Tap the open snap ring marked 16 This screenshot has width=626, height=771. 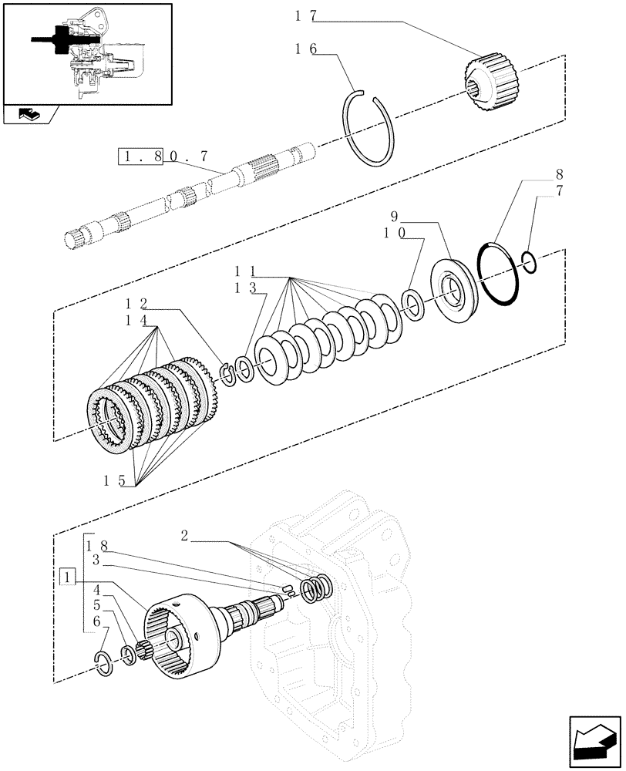click(370, 127)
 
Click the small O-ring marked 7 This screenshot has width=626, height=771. click(530, 262)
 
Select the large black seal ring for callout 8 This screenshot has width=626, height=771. click(497, 274)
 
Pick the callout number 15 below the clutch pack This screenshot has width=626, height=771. click(115, 480)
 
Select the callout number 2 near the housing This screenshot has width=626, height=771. click(185, 535)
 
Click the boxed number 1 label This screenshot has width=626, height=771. click(68, 577)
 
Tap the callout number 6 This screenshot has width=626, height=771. click(96, 621)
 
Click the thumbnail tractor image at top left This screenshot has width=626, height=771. click(86, 52)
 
